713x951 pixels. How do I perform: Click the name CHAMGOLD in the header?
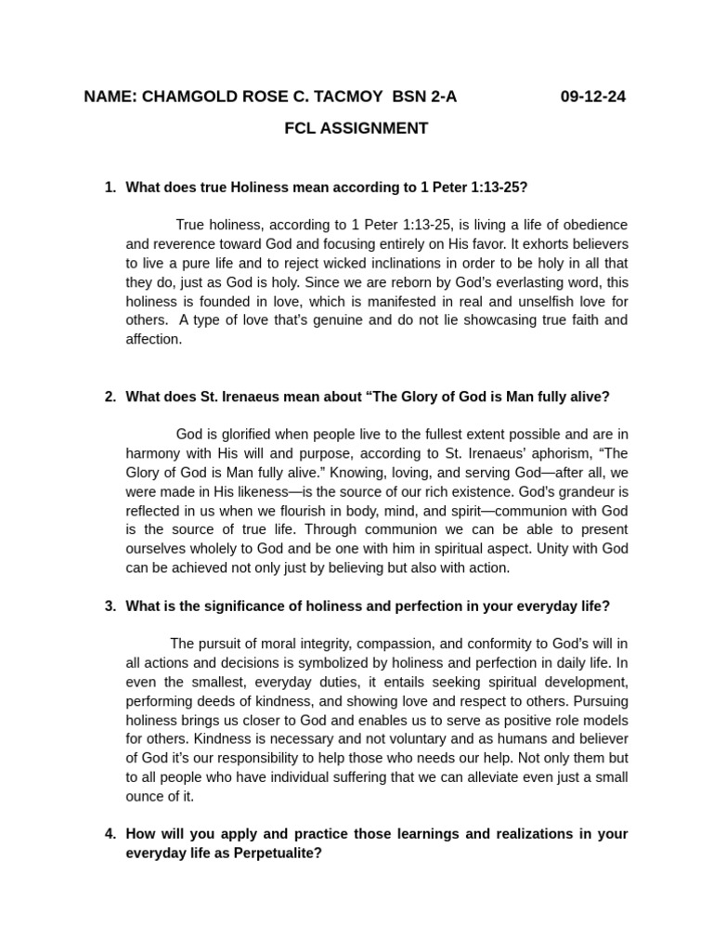[183, 96]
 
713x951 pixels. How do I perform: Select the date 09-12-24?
[593, 96]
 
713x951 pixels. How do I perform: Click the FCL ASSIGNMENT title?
[356, 128]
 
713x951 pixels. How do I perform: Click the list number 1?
[110, 187]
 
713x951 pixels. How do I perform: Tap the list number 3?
[110, 606]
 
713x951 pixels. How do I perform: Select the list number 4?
[110, 833]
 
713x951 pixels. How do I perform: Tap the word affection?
[153, 339]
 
